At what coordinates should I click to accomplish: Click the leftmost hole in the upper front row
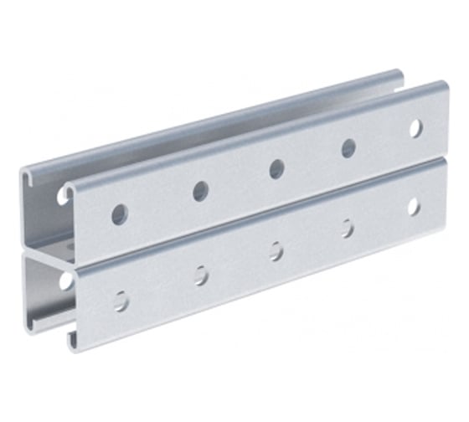click(x=120, y=214)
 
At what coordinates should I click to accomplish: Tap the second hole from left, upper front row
click(x=201, y=192)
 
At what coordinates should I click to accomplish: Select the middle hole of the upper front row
click(x=276, y=169)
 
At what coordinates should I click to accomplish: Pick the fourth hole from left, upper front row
click(x=348, y=148)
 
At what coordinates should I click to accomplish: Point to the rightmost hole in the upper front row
click(x=415, y=128)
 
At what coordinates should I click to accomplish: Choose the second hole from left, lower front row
click(x=201, y=275)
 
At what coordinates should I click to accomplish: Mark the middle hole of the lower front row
click(x=276, y=250)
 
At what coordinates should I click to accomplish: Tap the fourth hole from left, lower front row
click(x=347, y=228)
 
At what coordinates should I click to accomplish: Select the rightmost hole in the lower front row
click(x=414, y=206)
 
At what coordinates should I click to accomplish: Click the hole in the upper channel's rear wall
click(x=64, y=197)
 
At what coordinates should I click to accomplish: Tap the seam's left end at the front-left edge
click(x=70, y=261)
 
